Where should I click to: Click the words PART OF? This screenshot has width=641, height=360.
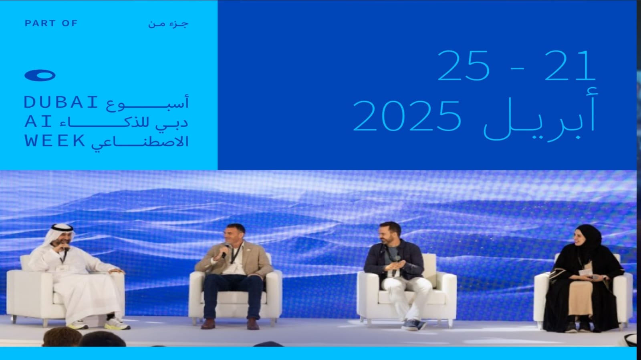tap(51, 23)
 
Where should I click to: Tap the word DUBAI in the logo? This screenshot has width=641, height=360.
tap(60, 103)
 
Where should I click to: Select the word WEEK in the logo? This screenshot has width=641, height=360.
tap(54, 141)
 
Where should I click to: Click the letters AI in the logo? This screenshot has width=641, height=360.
tap(38, 122)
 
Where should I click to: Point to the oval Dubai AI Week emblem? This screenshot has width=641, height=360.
tap(40, 76)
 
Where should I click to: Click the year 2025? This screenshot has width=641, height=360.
tap(407, 117)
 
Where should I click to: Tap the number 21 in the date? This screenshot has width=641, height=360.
tap(570, 66)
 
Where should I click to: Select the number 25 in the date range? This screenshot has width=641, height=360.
tap(463, 66)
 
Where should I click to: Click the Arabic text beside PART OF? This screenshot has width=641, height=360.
tap(168, 24)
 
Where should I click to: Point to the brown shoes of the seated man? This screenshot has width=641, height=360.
tap(230, 324)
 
